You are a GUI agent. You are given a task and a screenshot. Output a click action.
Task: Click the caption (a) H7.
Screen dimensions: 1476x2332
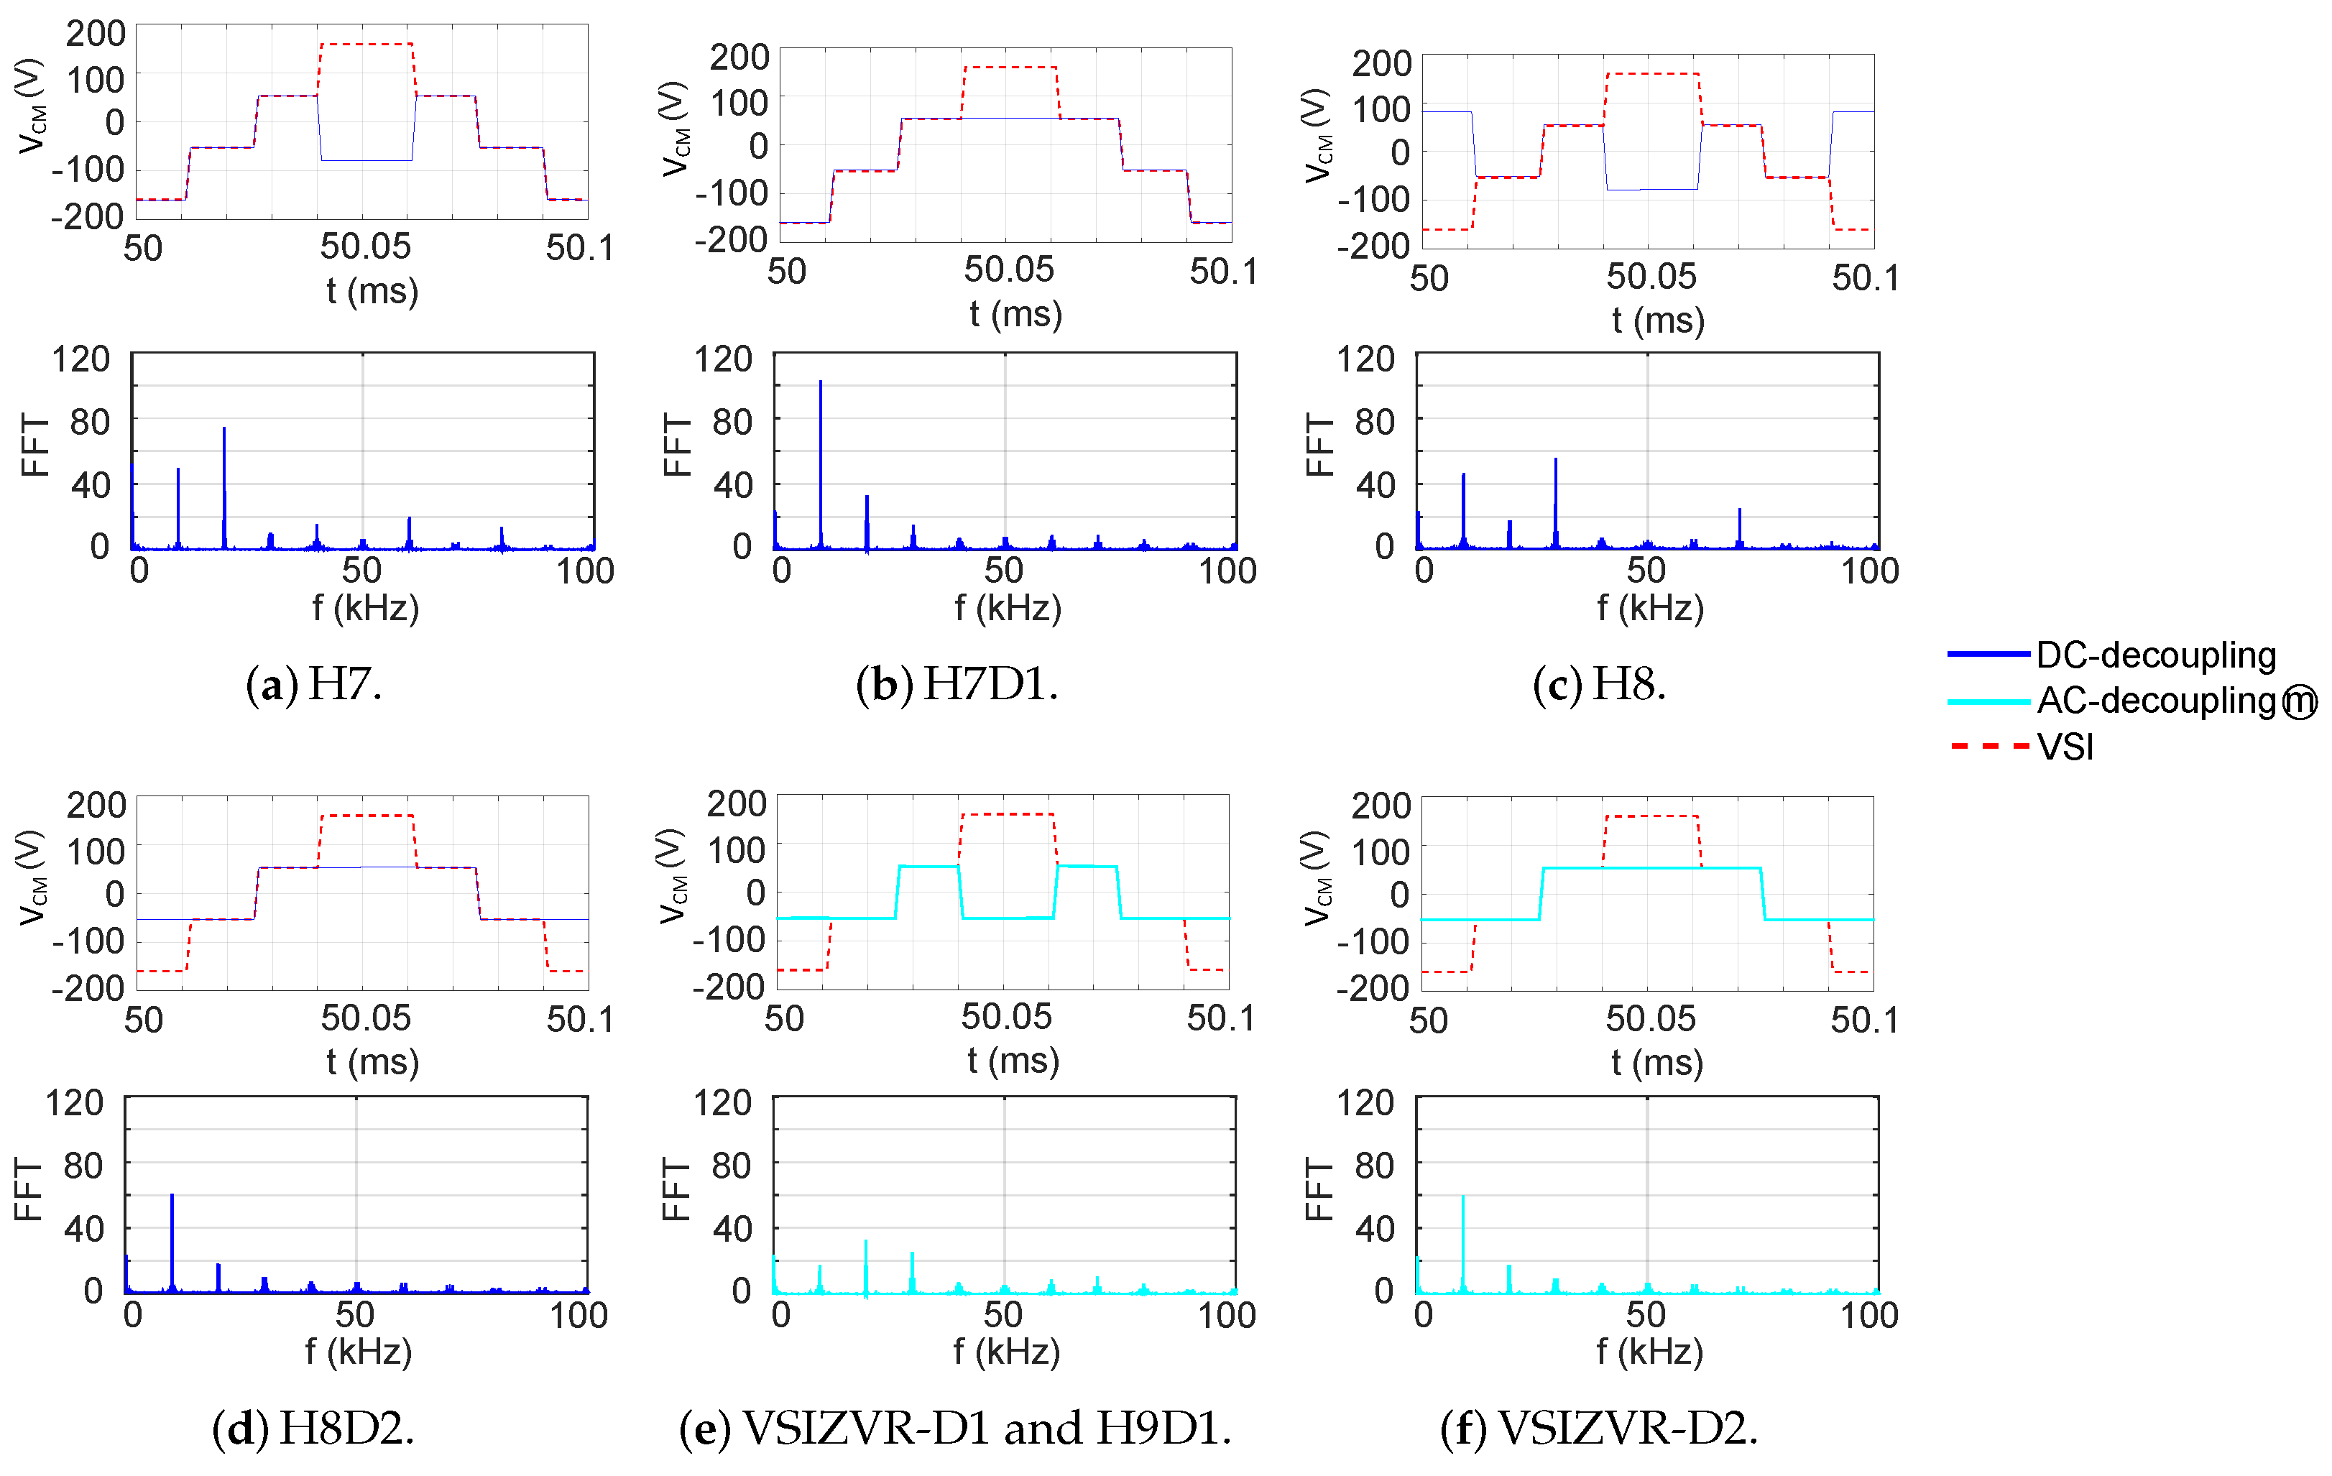(x=314, y=685)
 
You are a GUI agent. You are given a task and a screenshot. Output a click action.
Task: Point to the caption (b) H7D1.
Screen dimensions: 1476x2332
(x=957, y=685)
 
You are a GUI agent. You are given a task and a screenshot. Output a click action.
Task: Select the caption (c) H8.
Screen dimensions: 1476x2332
(x=1599, y=685)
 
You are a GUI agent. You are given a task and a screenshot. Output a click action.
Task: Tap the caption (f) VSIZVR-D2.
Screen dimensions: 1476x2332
(x=1599, y=1429)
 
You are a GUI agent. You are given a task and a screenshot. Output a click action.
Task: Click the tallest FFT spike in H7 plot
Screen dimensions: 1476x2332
(x=223, y=430)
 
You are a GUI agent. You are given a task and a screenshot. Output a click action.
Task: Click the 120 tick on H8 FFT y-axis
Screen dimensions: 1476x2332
(x=1365, y=359)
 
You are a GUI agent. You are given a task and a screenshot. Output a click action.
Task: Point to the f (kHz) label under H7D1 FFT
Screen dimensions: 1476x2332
(x=1008, y=608)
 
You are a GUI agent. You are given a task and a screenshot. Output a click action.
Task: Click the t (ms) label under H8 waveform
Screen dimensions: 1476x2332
(x=1658, y=320)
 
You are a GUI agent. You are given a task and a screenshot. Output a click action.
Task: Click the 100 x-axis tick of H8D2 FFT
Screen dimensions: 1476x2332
(x=579, y=1315)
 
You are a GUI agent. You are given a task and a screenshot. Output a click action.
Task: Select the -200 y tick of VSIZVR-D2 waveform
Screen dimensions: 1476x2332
(x=1373, y=989)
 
